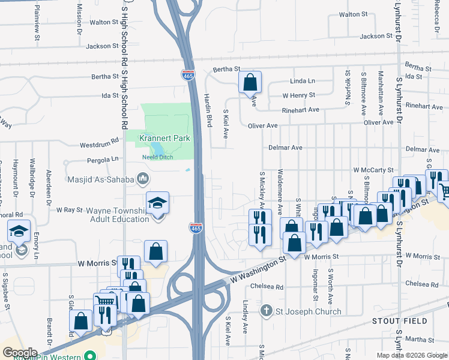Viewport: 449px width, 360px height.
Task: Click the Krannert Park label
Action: coord(164,138)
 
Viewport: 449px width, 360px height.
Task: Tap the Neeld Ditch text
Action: coord(157,157)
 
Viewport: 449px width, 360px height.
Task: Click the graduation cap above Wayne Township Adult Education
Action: coord(157,203)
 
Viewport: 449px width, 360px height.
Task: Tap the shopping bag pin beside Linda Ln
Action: coord(250,82)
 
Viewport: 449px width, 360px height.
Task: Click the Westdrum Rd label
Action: coord(100,145)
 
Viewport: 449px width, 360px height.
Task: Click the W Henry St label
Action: coord(299,95)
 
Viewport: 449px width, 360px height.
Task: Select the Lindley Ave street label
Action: coord(245,317)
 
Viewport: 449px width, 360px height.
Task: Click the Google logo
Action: coord(19,352)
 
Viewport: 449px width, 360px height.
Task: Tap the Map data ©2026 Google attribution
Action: coord(411,355)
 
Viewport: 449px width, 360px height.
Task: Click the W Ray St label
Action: coord(69,210)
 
